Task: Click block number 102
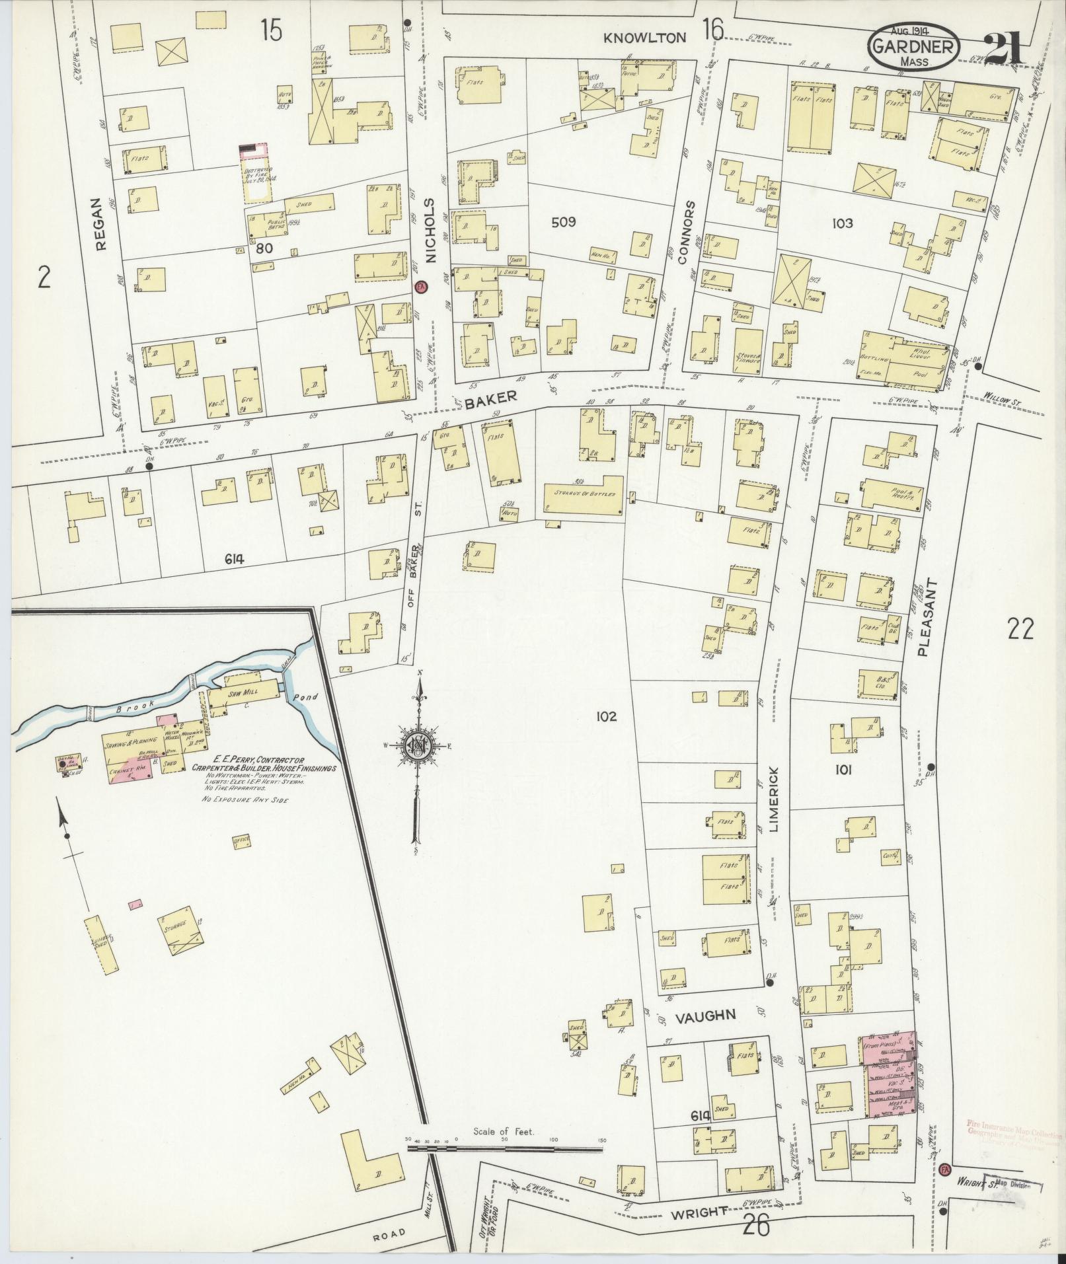click(605, 716)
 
